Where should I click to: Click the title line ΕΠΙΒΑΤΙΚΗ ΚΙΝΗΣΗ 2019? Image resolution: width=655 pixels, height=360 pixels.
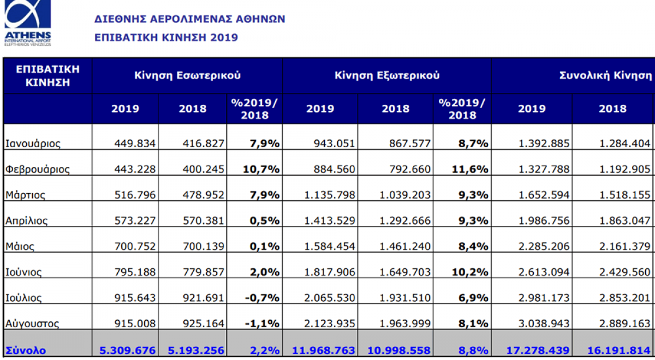point(166,38)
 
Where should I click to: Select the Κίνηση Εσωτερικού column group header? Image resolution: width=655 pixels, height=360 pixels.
point(187,76)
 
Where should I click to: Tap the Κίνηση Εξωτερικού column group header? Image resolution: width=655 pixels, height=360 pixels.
point(387,76)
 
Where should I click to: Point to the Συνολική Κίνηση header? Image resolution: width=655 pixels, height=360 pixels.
point(605,76)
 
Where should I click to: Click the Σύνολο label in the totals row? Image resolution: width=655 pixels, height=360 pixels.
point(26,350)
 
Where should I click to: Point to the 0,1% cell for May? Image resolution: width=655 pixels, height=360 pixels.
point(265,247)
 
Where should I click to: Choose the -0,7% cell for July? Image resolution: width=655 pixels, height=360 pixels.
point(263,298)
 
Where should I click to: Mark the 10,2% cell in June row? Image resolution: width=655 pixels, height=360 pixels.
point(471,272)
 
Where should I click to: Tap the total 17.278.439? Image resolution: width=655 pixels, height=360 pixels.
point(533,350)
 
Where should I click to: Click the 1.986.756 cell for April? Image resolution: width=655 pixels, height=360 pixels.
point(543,221)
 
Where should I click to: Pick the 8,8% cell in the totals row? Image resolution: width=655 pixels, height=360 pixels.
point(474,350)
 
